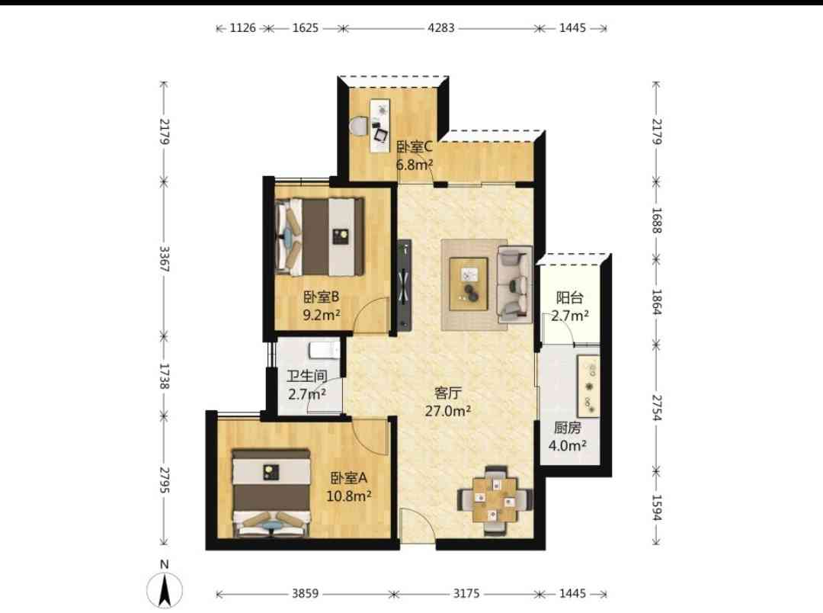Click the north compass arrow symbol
[165, 589]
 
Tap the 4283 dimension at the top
[441, 28]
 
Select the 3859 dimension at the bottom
[305, 594]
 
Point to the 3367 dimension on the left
[165, 259]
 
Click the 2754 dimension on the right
[657, 408]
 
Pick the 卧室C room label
[414, 146]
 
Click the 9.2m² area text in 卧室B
[322, 315]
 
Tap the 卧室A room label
[348, 478]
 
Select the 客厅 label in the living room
[448, 393]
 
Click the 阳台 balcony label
[569, 298]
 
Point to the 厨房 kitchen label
[568, 428]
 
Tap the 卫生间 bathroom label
[307, 376]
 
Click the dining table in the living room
[495, 499]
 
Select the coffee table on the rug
[469, 284]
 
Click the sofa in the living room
[514, 284]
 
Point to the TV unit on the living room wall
[404, 284]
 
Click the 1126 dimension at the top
[242, 28]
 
